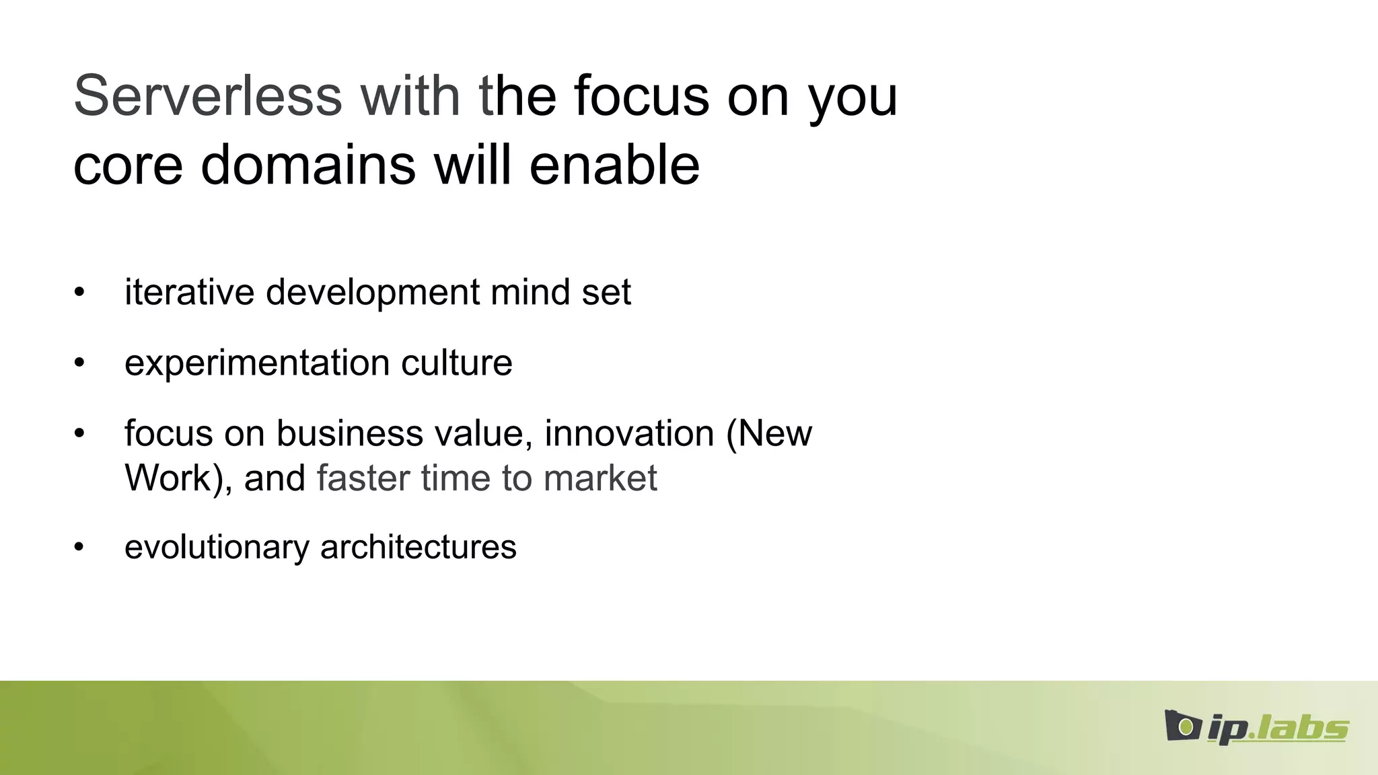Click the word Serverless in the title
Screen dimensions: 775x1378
[x=207, y=96]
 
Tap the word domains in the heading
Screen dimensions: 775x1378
[x=308, y=165]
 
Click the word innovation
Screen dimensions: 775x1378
[x=628, y=434]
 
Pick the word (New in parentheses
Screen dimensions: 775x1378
[x=768, y=434]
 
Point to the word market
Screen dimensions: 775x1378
[x=600, y=479]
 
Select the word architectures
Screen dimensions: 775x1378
[x=418, y=547]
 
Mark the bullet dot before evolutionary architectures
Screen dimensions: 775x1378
[x=79, y=547]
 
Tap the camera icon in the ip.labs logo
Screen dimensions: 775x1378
[x=1182, y=726]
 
